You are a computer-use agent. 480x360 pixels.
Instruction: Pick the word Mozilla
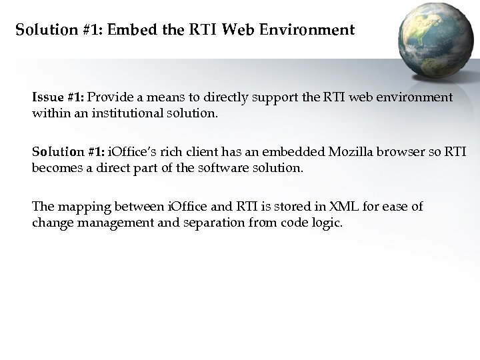click(322, 152)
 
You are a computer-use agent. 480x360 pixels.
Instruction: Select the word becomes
click(55, 167)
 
